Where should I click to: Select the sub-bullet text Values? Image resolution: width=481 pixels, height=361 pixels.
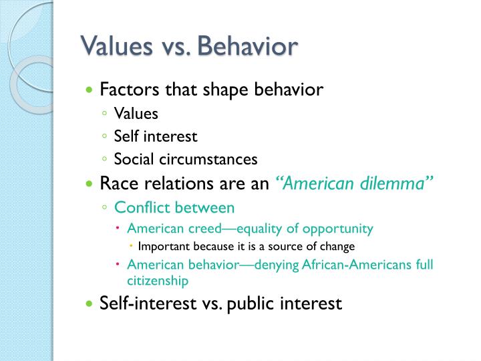point(136,114)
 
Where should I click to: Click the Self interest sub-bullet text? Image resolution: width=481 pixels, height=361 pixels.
point(156,136)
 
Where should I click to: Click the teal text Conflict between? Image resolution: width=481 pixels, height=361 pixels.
point(174,207)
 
